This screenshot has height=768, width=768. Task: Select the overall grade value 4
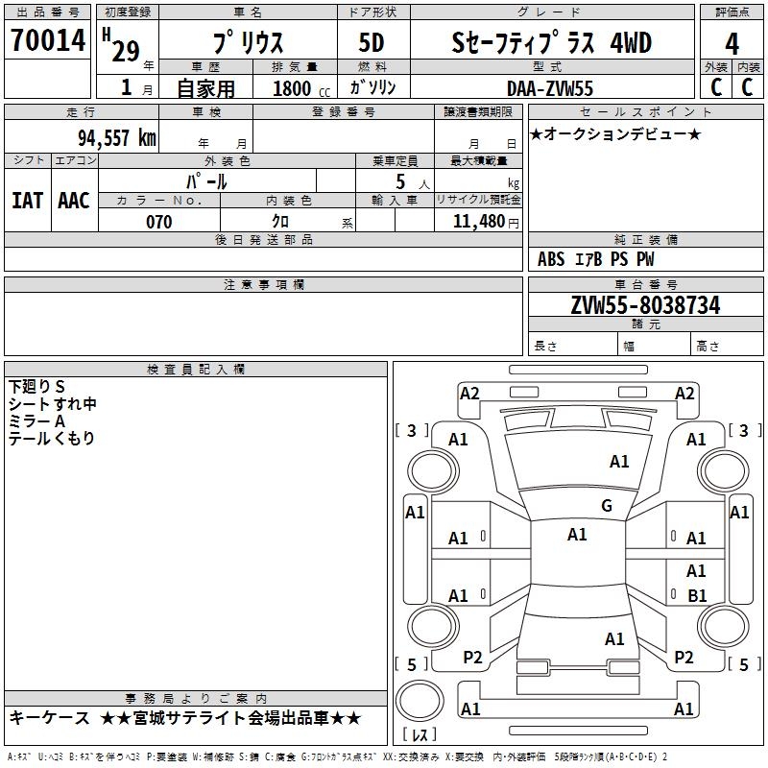[732, 44]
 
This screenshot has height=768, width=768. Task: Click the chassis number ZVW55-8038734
[645, 305]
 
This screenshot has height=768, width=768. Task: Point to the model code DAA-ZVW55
[550, 88]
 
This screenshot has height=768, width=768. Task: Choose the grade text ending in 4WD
[551, 43]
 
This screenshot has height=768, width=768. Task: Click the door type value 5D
[372, 43]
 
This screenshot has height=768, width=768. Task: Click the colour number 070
[158, 222]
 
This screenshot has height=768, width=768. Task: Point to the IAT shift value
[27, 201]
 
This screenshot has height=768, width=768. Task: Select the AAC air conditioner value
[73, 201]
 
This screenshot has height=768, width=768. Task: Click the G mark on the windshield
[606, 506]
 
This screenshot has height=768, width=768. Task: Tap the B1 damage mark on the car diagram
[697, 595]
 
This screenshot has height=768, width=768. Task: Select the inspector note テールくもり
[52, 439]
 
